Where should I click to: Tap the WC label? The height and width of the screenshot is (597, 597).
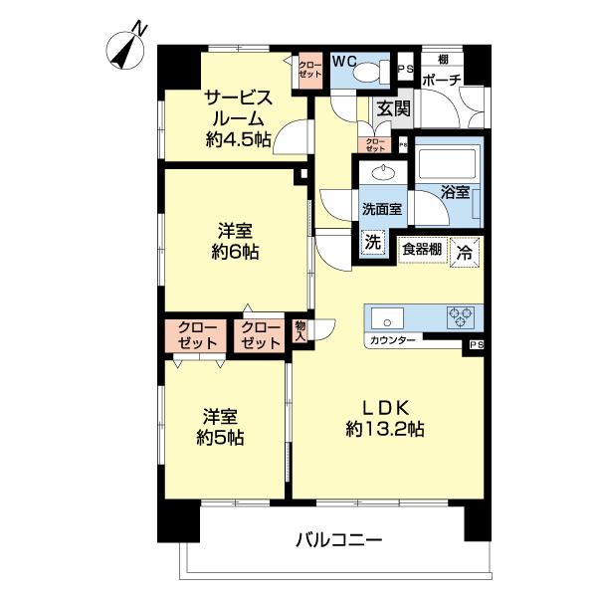coord(344,61)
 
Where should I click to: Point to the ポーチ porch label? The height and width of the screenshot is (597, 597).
coord(440,81)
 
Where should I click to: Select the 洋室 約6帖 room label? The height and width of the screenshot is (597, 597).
coord(237,240)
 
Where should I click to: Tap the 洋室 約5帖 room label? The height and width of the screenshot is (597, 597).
coord(221,426)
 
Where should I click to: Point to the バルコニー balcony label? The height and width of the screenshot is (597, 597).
coord(338,540)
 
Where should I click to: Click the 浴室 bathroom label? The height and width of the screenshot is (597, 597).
coord(455,192)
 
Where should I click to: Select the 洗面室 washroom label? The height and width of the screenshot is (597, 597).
coord(381,210)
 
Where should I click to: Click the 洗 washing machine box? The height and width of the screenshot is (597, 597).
coord(372,242)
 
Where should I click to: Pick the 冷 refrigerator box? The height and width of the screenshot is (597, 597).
coord(464,251)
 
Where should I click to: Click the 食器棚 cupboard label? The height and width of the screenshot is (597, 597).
coord(422,249)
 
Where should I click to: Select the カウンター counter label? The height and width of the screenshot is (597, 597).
coord(392,341)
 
